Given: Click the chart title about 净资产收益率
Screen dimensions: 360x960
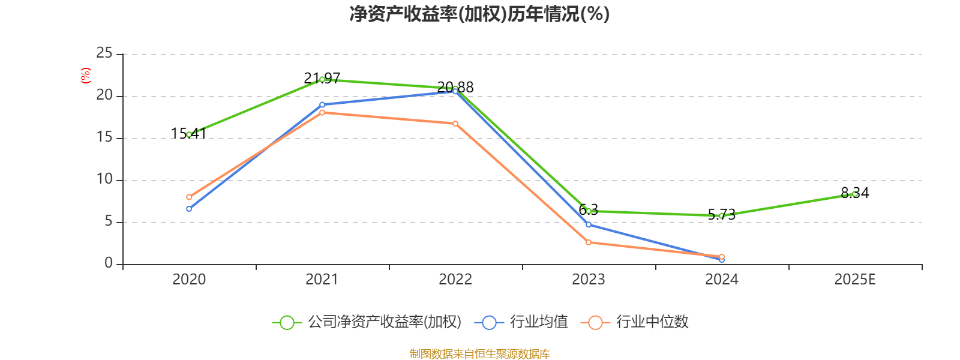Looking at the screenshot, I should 479,14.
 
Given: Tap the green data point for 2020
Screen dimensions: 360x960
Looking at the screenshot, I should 189,134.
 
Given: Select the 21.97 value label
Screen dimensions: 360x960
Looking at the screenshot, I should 322,78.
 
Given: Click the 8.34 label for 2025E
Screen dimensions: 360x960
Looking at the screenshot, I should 855,193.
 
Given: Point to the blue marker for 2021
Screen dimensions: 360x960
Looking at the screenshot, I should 322,104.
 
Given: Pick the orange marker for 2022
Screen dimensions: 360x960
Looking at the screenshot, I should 455,124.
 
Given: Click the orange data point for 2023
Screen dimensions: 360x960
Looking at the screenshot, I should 589,242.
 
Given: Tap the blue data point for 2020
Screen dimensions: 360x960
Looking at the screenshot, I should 189,209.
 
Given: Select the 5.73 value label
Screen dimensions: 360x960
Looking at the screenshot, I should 722,215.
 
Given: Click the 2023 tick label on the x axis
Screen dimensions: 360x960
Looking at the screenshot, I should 589,279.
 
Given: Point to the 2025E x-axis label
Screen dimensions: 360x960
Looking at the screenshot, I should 855,279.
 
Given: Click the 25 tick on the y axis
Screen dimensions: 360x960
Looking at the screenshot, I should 104,54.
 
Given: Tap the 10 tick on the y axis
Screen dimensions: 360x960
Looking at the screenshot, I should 104,179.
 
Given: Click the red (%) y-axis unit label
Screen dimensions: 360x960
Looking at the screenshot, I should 86,75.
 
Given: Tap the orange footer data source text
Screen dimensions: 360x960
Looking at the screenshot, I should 479,353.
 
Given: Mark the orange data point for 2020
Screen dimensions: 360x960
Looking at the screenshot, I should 189,197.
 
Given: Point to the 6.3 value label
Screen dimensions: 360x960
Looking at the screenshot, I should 589,209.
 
